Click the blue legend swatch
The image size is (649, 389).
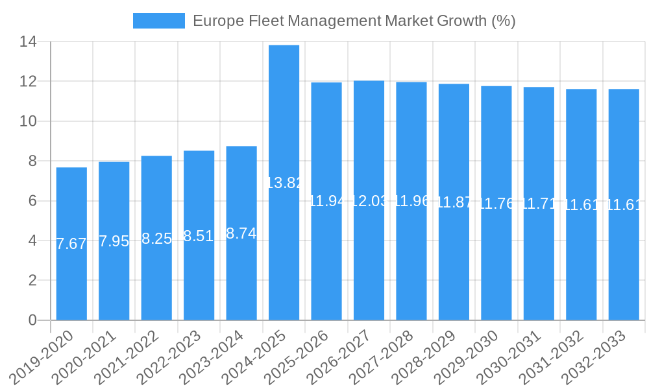click(159, 21)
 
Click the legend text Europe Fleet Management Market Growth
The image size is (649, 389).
click(354, 21)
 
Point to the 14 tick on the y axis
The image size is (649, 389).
click(29, 42)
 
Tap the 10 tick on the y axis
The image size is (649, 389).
click(29, 121)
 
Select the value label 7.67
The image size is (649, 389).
click(71, 244)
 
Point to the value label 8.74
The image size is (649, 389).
click(241, 233)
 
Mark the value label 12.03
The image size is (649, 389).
click(369, 201)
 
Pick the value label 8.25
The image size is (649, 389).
click(156, 239)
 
